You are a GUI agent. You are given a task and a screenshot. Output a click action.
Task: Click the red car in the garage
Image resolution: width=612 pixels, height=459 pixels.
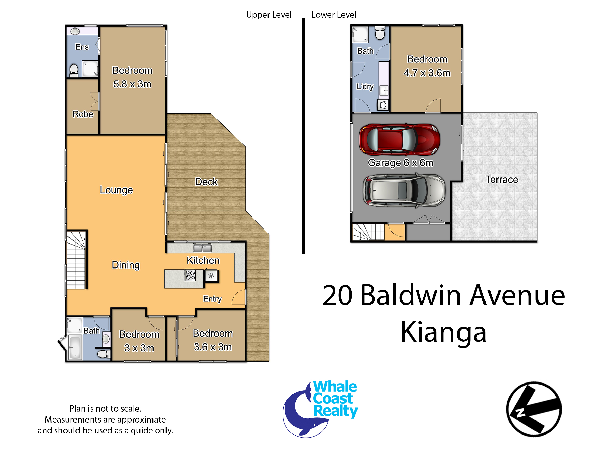click(399, 139)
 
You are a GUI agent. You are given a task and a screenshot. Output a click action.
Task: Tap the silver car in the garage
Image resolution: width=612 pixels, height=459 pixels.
click(404, 190)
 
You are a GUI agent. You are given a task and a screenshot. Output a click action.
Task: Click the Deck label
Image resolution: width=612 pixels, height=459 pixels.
click(206, 182)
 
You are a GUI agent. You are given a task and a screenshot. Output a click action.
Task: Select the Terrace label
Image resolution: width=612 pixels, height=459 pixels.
click(502, 180)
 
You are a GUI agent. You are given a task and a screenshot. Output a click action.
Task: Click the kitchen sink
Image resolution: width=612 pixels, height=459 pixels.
click(202, 248)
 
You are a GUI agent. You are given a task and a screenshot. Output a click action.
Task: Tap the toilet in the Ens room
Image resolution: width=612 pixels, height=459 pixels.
click(74, 71)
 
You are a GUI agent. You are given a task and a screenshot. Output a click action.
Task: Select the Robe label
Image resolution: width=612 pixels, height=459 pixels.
click(83, 114)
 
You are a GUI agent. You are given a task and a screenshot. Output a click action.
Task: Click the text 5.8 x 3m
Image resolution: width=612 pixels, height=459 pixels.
click(132, 84)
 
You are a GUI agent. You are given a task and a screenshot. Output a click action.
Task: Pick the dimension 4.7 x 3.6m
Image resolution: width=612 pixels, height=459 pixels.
click(427, 73)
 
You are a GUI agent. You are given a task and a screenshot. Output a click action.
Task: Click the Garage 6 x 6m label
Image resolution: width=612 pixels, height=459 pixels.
click(400, 163)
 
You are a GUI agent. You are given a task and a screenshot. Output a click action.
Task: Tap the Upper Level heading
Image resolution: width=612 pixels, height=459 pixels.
click(269, 15)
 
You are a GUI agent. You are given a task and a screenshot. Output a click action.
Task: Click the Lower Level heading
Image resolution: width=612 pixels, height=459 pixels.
click(334, 15)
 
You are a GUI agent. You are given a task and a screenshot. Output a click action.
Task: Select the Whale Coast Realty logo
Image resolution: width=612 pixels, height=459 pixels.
click(320, 409)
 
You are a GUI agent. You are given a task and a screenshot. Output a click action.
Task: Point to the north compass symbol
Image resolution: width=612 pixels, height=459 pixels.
click(534, 409)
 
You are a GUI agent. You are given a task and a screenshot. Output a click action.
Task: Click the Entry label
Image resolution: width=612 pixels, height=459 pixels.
click(212, 299)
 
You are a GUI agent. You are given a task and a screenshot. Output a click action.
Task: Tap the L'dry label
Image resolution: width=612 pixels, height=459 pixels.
click(365, 87)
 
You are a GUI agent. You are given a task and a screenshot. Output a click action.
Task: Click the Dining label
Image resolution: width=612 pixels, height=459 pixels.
click(126, 265)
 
